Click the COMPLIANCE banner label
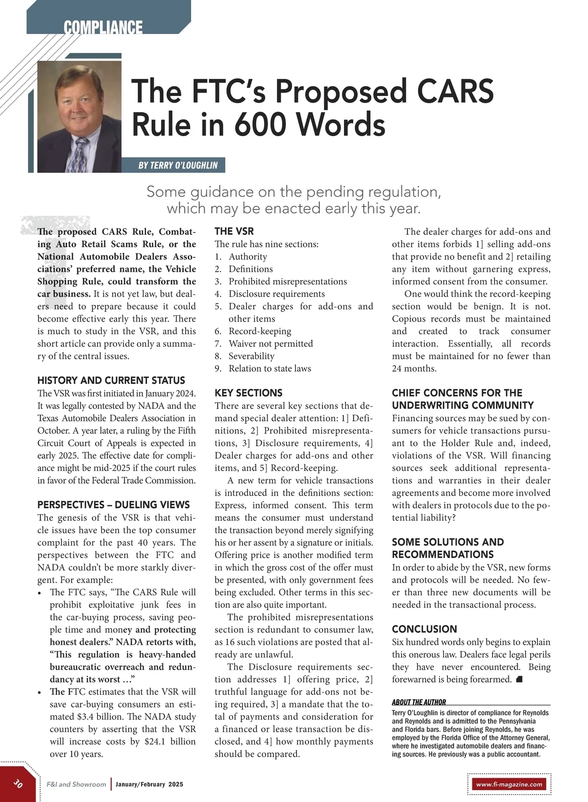pyautogui.click(x=103, y=27)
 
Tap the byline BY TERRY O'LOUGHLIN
pyautogui.click(x=178, y=165)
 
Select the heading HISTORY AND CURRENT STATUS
pyautogui.click(x=111, y=380)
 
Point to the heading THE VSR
pyautogui.click(x=234, y=231)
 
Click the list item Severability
pyautogui.click(x=251, y=356)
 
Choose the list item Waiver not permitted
pyautogui.click(x=270, y=344)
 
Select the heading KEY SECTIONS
pyautogui.click(x=248, y=393)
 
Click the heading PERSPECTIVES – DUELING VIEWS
pyautogui.click(x=113, y=505)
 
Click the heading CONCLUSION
pyautogui.click(x=424, y=629)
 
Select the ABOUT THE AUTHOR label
pyautogui.click(x=419, y=702)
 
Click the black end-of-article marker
pyautogui.click(x=519, y=680)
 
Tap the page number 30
pyautogui.click(x=18, y=783)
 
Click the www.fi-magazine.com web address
pyautogui.click(x=509, y=784)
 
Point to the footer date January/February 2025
pyautogui.click(x=149, y=784)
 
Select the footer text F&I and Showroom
pyautogui.click(x=76, y=784)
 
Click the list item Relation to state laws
pyautogui.click(x=269, y=369)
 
